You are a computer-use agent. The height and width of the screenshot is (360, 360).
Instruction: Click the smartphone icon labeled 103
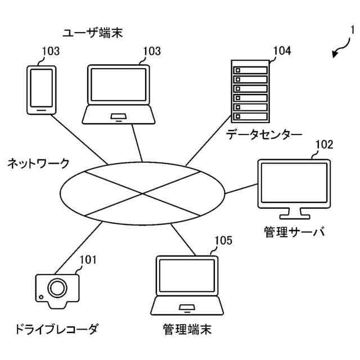click(x=42, y=89)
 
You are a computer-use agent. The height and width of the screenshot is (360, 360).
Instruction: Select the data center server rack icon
click(x=250, y=92)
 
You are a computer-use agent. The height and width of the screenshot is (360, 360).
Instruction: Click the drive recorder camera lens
click(x=56, y=288)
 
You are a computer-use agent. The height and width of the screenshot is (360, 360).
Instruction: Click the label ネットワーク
click(x=38, y=164)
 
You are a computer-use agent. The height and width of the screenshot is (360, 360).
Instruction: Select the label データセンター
click(x=264, y=134)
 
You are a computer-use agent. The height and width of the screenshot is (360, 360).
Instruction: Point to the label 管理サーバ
click(x=294, y=232)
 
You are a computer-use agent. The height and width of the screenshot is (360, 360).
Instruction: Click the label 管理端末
click(x=187, y=328)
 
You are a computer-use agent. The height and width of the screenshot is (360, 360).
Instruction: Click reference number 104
click(x=282, y=51)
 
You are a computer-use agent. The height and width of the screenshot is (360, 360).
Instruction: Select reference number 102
click(x=323, y=145)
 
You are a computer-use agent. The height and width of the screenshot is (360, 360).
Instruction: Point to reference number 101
click(x=88, y=259)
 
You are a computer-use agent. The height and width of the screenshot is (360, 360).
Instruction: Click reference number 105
click(x=223, y=241)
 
